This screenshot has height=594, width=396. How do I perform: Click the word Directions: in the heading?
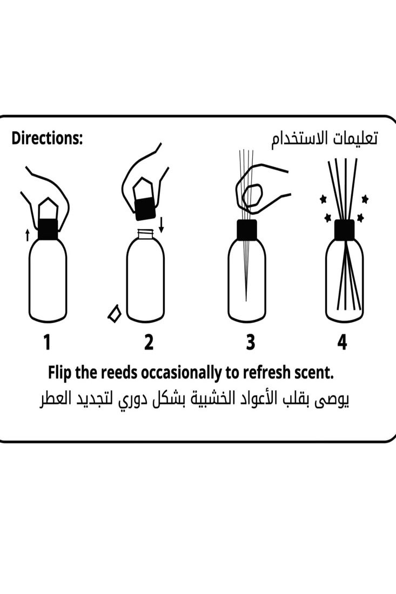[x=48, y=139]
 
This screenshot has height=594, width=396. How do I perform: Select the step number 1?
[x=47, y=342]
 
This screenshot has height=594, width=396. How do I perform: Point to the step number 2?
[x=149, y=342]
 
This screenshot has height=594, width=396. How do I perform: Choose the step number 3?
[x=250, y=342]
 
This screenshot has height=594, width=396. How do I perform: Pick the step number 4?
[x=342, y=342]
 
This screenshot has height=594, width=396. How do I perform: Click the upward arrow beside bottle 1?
[x=28, y=235]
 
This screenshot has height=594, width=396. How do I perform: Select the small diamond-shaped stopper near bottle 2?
[x=114, y=314]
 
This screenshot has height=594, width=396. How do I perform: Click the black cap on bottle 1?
[x=48, y=229]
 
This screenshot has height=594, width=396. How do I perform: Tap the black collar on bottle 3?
[x=247, y=230]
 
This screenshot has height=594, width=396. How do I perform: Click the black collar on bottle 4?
[x=344, y=230]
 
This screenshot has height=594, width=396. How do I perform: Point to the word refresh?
[x=266, y=373]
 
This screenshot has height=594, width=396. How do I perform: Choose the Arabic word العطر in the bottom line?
[x=56, y=400]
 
